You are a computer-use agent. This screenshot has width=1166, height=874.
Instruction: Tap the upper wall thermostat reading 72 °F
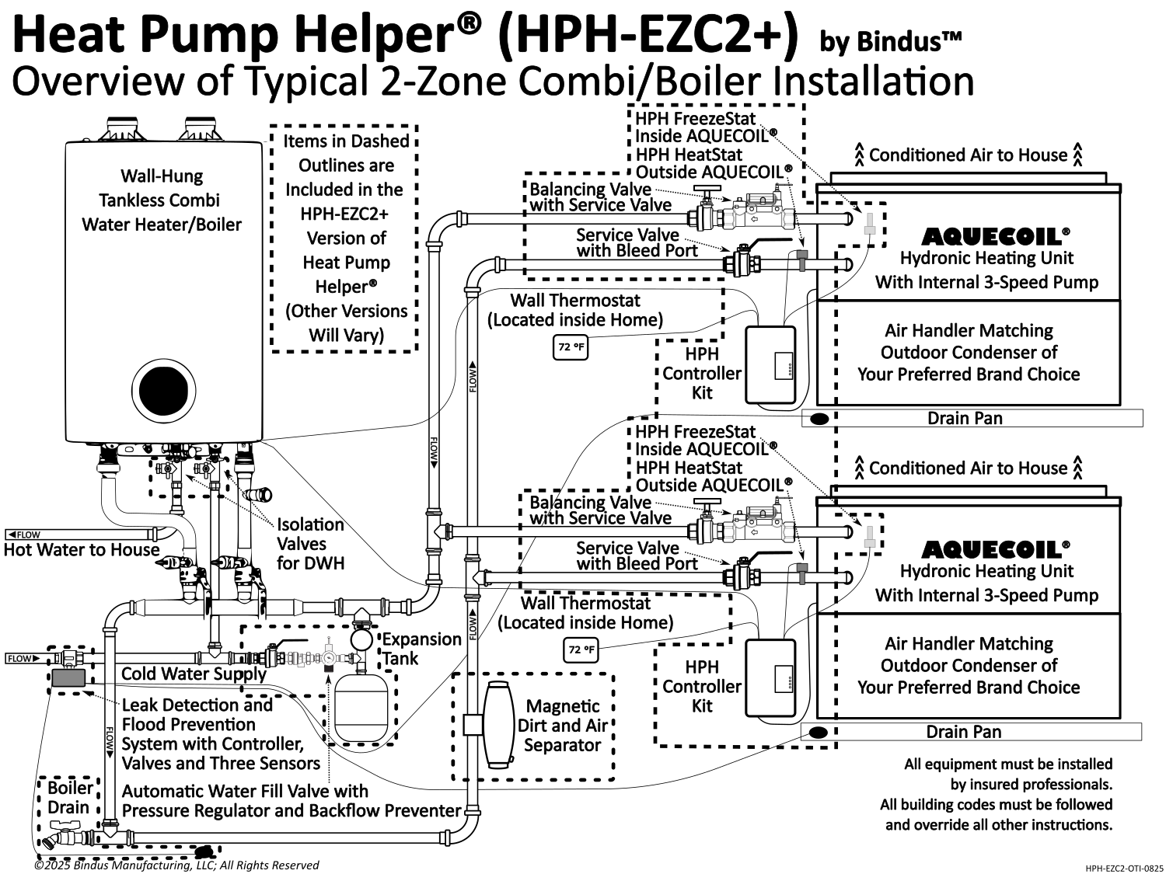(x=571, y=347)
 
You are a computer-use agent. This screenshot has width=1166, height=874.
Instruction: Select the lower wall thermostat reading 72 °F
(x=581, y=649)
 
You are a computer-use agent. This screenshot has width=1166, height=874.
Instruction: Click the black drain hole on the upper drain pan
(x=819, y=419)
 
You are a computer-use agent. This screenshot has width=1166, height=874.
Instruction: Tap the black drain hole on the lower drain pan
(x=817, y=732)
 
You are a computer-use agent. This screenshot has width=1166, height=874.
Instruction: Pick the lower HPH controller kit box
(x=770, y=677)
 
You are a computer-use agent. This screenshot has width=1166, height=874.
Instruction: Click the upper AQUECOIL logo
(x=992, y=236)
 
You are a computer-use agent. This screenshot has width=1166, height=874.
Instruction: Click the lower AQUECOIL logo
(x=992, y=550)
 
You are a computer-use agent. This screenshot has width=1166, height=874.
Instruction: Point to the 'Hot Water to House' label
(x=82, y=550)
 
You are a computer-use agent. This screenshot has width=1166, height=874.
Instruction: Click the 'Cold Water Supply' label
(x=194, y=674)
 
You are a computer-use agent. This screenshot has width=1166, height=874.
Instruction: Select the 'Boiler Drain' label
(x=70, y=797)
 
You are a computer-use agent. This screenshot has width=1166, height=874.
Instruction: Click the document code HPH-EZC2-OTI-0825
(x=1124, y=869)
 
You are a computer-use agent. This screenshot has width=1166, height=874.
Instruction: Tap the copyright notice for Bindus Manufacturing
(x=176, y=865)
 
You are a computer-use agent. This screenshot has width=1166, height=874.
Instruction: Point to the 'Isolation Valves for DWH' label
(x=310, y=544)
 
